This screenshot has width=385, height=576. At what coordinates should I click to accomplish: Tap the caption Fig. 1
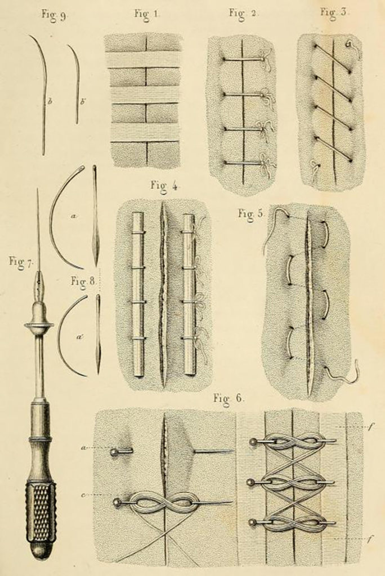pos(147,15)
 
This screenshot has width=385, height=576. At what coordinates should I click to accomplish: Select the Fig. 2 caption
pos(243,13)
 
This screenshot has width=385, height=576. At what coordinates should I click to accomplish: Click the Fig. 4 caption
pos(164,186)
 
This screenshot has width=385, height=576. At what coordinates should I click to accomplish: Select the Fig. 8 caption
pos(83,282)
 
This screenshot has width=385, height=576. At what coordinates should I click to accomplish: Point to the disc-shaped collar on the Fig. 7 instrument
pos(39,325)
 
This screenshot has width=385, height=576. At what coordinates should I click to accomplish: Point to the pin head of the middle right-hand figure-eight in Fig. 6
pos(253,482)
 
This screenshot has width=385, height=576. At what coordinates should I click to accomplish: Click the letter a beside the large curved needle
pos(73,217)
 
